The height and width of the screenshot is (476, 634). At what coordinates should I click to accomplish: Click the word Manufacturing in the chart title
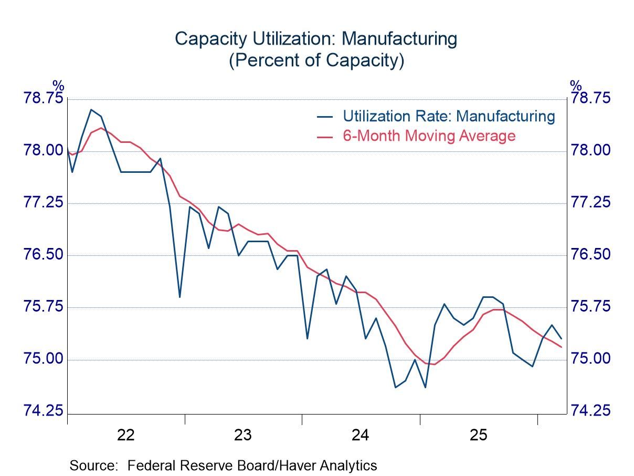[398, 39]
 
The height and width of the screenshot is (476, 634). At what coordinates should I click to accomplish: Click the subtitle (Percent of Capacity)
[316, 60]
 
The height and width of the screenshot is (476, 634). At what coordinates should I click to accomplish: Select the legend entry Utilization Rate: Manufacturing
[448, 116]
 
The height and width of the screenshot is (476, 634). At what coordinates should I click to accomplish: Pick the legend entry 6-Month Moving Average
[429, 136]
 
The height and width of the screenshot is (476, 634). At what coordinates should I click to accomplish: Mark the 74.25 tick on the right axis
[591, 411]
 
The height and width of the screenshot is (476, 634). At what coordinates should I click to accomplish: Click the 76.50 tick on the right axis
[591, 255]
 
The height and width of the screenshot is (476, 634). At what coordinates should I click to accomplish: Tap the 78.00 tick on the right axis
[591, 151]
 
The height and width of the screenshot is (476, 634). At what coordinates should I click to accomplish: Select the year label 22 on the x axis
[126, 435]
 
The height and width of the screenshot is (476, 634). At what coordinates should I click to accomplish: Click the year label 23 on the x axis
[243, 435]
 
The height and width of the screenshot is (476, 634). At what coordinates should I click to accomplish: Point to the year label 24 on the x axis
[361, 435]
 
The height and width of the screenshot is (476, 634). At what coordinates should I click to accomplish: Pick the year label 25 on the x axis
[478, 435]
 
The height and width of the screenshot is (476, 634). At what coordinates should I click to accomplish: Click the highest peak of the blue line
[91, 110]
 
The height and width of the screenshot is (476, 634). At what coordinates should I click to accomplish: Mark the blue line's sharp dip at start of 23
[179, 297]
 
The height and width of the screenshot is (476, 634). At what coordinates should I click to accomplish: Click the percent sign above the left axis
[58, 86]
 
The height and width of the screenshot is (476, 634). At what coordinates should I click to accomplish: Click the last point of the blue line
[562, 338]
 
